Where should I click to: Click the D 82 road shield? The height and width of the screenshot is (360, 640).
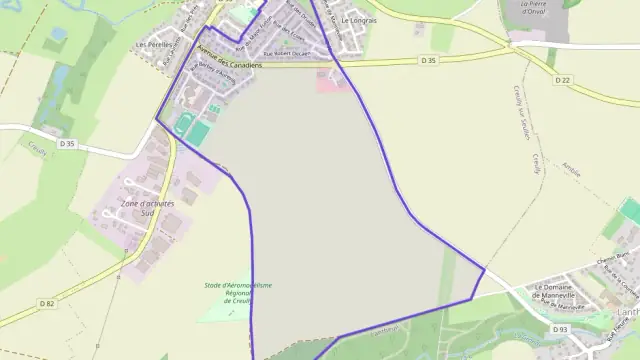click(x=46, y=303)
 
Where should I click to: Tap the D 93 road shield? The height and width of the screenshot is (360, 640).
click(x=561, y=329)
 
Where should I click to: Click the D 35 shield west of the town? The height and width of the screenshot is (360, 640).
click(x=67, y=144)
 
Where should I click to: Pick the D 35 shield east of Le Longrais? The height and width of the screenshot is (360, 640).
click(x=429, y=61)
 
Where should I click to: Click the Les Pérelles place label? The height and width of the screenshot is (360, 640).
click(x=154, y=45)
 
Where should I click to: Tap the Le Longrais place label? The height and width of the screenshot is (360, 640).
click(x=357, y=20)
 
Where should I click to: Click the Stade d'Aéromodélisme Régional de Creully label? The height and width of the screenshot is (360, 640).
click(x=238, y=293)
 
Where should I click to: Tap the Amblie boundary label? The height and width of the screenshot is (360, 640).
click(x=571, y=171)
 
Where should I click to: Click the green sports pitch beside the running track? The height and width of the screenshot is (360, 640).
click(x=200, y=132)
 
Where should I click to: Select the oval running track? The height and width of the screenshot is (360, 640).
click(x=181, y=125)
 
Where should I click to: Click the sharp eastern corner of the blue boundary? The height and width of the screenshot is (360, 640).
click(x=485, y=268)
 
